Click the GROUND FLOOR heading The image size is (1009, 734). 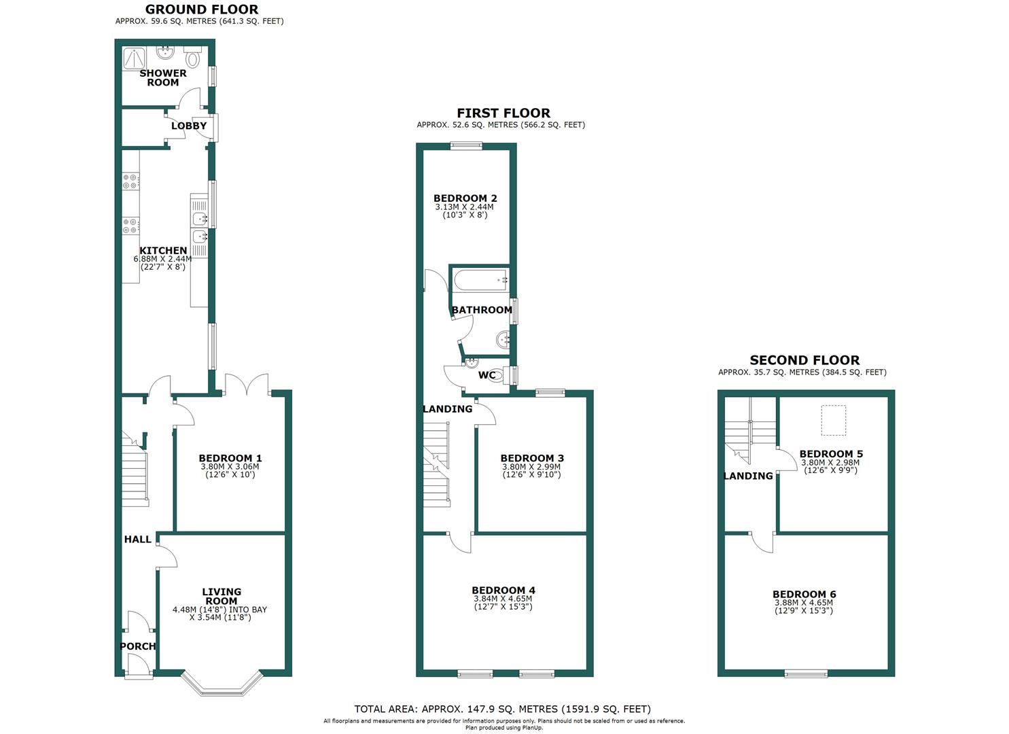(x=202, y=10)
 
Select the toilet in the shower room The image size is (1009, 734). (x=193, y=58)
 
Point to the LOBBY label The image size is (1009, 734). (x=188, y=126)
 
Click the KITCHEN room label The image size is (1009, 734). (x=163, y=251)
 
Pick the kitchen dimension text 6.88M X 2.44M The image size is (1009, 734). (x=163, y=259)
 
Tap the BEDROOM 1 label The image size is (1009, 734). (x=230, y=458)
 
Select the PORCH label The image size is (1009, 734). (x=138, y=646)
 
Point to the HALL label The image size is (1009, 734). (x=137, y=540)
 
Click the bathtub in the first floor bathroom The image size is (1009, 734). (x=481, y=279)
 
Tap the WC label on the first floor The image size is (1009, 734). (x=487, y=375)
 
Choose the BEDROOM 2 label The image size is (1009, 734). (x=465, y=198)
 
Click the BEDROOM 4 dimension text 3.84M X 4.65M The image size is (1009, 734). (x=503, y=599)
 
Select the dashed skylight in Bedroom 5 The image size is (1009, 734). (x=834, y=420)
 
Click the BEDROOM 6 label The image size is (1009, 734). (x=804, y=594)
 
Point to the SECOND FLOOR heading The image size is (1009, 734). (x=804, y=360)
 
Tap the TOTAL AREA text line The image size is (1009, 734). (x=502, y=709)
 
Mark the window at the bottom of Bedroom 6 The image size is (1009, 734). (x=806, y=674)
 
